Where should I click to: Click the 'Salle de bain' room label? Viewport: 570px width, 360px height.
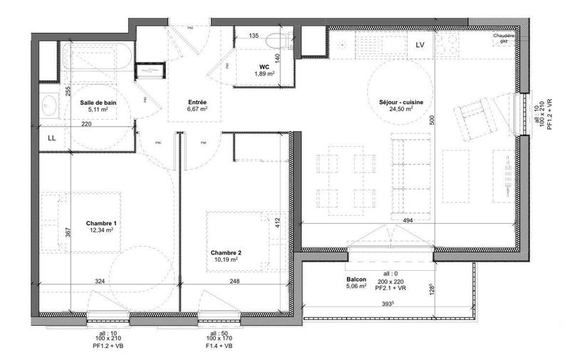pos(98,103)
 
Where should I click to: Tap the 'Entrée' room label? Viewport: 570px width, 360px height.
pos(197,102)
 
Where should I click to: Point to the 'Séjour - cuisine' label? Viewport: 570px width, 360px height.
pos(401,103)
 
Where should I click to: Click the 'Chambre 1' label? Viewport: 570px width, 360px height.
pos(101,223)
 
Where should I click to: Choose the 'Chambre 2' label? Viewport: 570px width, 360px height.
pos(226,252)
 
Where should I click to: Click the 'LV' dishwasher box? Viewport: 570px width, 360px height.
pos(420,45)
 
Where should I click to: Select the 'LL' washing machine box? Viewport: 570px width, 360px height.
pos(52,137)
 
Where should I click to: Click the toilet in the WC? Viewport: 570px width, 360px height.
pos(277,40)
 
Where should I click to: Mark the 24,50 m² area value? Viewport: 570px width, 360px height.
pos(401,110)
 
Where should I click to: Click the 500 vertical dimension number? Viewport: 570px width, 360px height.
pos(430,121)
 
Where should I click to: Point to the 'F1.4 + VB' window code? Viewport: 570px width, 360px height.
pos(216,346)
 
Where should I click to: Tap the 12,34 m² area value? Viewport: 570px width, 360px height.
pos(101,230)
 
